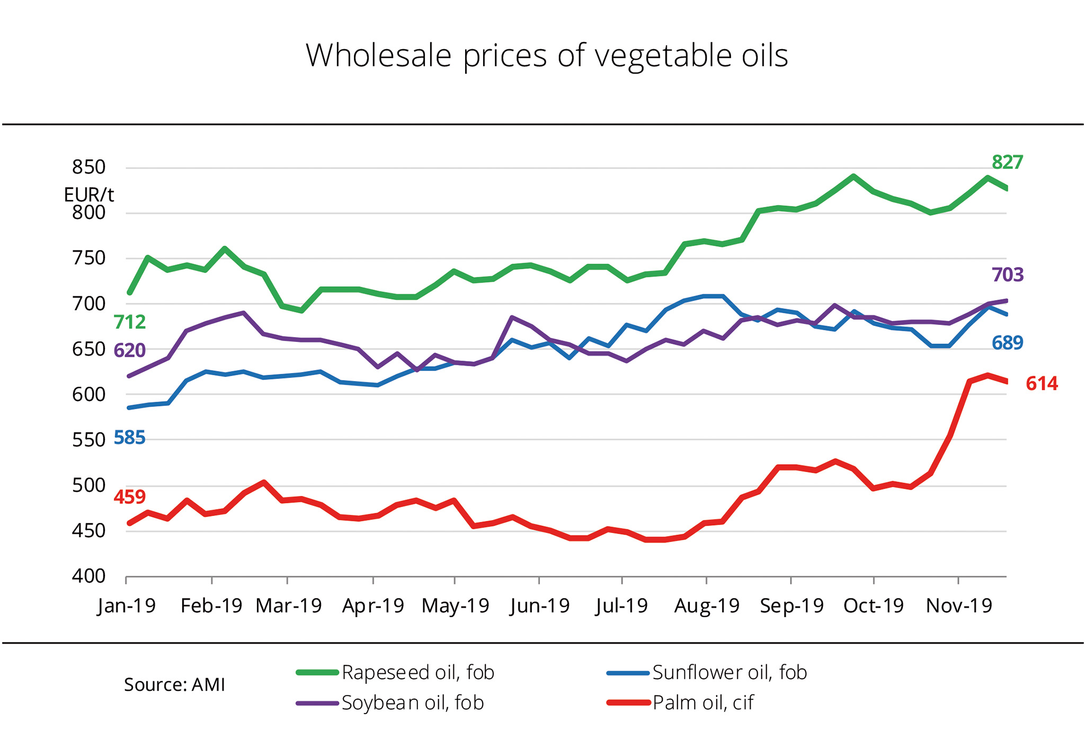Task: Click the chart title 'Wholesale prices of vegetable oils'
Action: click(547, 55)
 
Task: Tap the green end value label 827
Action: click(1007, 162)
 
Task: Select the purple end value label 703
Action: click(1007, 275)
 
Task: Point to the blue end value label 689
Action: click(1007, 343)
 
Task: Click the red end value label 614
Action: click(1042, 383)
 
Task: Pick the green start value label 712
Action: click(129, 322)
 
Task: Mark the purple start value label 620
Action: click(129, 350)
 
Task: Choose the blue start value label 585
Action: click(129, 438)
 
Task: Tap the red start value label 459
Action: click(129, 497)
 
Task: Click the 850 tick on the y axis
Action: click(89, 167)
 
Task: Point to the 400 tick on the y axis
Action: click(89, 576)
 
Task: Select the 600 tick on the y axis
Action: click(89, 394)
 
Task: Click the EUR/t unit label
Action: click(88, 195)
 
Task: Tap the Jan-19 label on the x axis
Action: click(127, 606)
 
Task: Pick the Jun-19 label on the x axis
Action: click(540, 606)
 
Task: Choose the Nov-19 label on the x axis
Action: click(959, 606)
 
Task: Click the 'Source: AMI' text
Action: click(174, 685)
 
